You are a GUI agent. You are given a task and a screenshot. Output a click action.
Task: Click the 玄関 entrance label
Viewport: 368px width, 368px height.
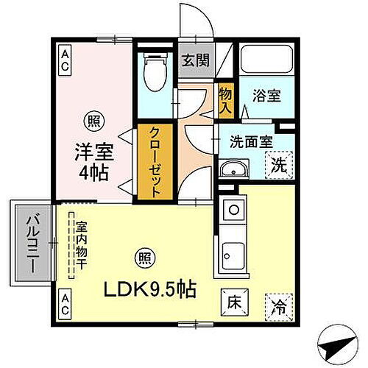tap(194, 60)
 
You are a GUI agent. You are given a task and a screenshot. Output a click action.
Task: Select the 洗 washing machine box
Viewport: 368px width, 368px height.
tap(280, 165)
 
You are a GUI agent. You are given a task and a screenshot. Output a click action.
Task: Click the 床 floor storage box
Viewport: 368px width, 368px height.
tap(233, 301)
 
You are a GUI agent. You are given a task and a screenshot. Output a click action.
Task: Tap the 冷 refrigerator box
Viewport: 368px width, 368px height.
tap(279, 302)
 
